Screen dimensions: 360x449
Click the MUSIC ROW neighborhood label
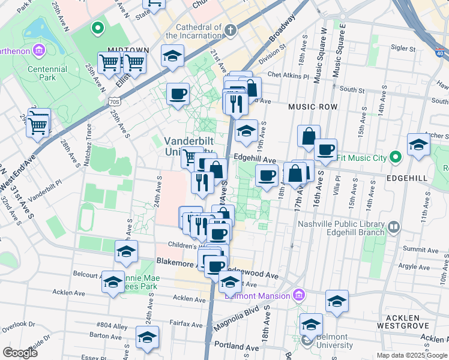pos(312,106)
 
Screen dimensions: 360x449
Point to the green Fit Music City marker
pos(395,157)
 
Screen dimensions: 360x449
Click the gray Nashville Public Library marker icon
pos(394,227)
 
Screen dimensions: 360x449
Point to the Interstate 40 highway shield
pos(441,53)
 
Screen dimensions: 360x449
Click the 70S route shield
pos(115,102)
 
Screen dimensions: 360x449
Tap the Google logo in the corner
pos(20,352)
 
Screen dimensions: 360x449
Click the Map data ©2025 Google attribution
pos(412,355)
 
